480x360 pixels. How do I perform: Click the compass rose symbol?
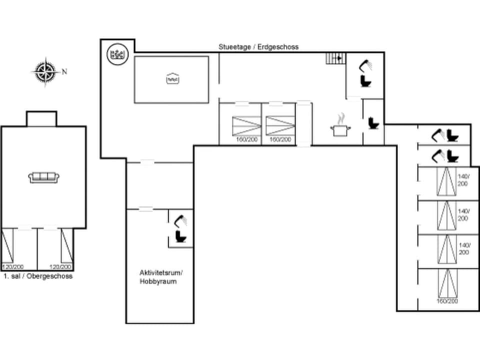[x=45, y=71]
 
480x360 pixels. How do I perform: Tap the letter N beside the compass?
[x=64, y=71]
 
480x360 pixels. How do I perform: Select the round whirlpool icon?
[x=117, y=53]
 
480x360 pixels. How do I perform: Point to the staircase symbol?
[x=335, y=58]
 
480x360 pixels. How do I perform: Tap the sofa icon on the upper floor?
[x=44, y=177]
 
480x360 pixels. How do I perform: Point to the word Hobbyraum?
[x=158, y=281]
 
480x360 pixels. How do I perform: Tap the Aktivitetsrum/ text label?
[x=161, y=272]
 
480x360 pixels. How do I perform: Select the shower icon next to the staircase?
[x=366, y=65]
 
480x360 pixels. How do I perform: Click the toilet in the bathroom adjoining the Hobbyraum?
[x=180, y=236]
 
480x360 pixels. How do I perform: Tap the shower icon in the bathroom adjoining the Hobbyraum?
[x=181, y=220]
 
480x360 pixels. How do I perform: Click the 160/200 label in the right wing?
[x=446, y=301]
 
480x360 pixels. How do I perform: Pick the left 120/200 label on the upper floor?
[x=12, y=267]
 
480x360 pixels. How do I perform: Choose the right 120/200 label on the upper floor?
[x=60, y=267]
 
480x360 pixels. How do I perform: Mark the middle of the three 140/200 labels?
[x=463, y=215]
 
